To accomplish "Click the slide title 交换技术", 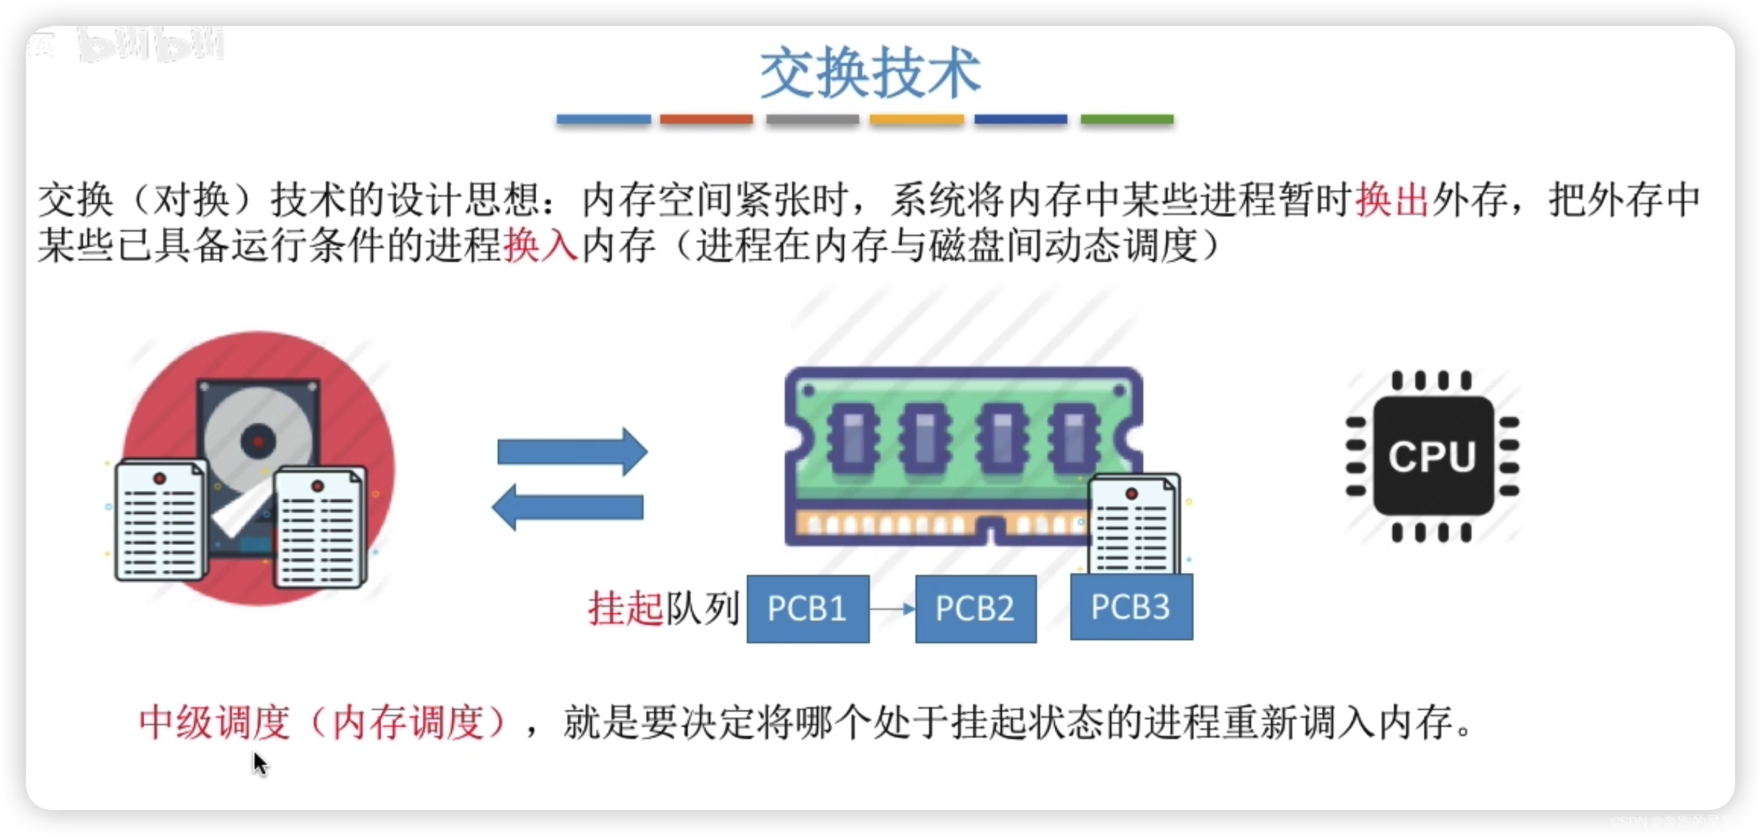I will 870,73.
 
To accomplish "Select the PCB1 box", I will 808,608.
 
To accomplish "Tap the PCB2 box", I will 976,608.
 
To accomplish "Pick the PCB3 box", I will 1131,607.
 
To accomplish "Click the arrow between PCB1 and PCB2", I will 892,609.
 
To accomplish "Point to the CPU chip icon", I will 1432,456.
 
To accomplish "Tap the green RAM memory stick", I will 951,447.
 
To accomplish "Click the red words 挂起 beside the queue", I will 625,608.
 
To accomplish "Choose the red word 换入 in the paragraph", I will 540,246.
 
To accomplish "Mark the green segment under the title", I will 1127,120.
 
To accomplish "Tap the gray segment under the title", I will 812,120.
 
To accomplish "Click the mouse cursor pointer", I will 259,762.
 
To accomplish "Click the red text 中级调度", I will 214,722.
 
